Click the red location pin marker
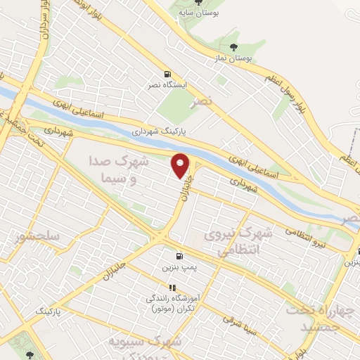tap(181, 165)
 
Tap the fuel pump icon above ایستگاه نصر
tap(167, 74)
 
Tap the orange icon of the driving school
tap(172, 288)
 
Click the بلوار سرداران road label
tap(44, 22)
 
